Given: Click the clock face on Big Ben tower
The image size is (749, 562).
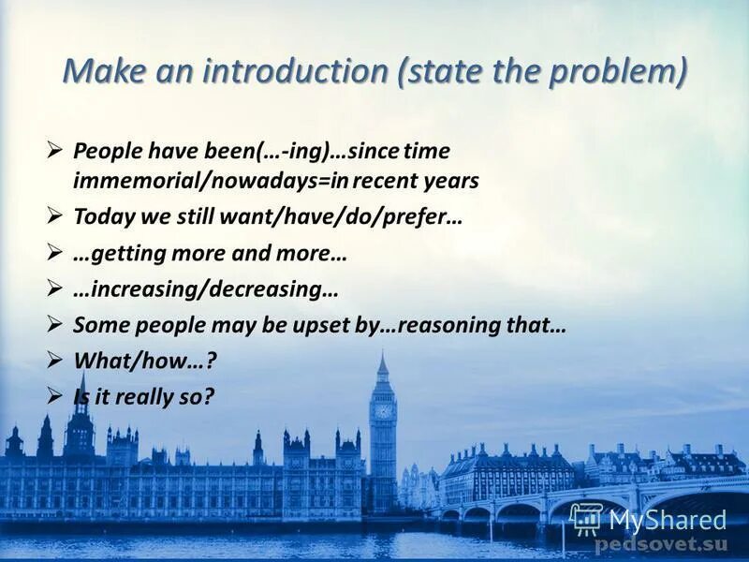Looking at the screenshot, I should (x=382, y=410).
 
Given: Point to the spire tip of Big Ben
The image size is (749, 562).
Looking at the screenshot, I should (x=382, y=355).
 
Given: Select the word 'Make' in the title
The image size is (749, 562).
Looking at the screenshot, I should (x=96, y=71).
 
